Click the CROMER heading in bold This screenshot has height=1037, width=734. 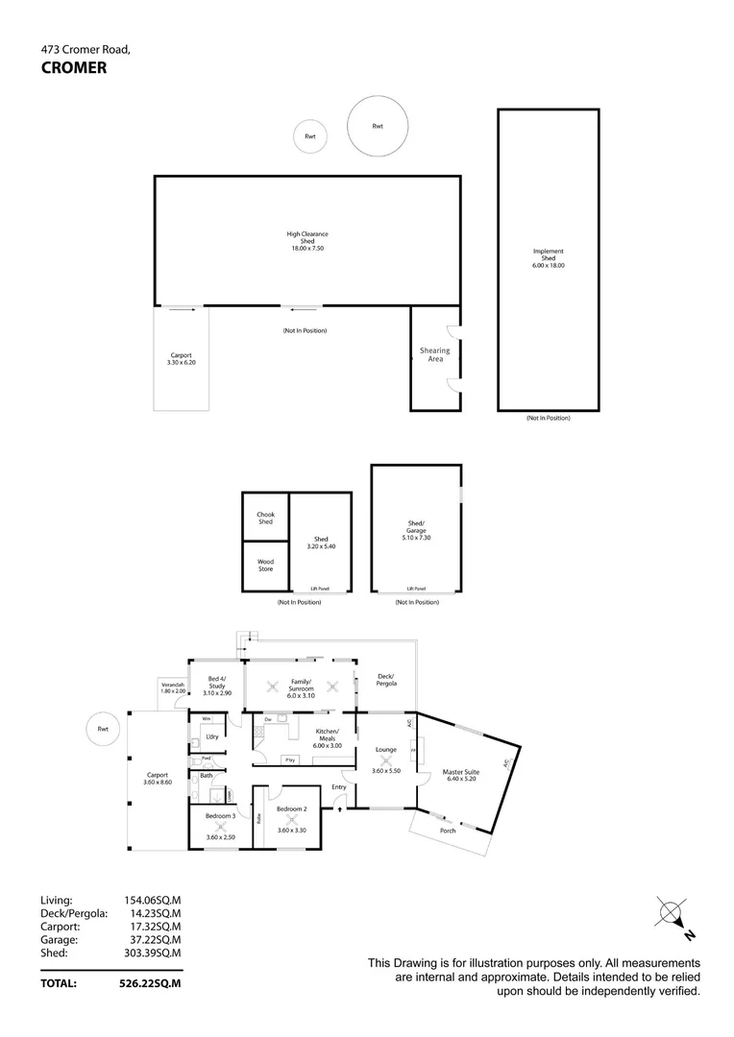tap(74, 67)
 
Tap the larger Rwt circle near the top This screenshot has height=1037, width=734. tap(378, 127)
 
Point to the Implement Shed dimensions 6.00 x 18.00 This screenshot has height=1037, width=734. tap(549, 265)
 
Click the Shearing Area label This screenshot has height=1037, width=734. tap(435, 354)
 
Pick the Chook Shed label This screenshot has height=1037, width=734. tap(265, 518)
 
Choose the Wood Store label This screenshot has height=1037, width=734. tap(265, 566)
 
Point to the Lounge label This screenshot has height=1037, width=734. tap(386, 749)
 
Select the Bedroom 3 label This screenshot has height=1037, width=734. tap(220, 815)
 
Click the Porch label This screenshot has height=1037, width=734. tap(448, 831)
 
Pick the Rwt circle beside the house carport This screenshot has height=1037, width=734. tap(103, 730)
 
